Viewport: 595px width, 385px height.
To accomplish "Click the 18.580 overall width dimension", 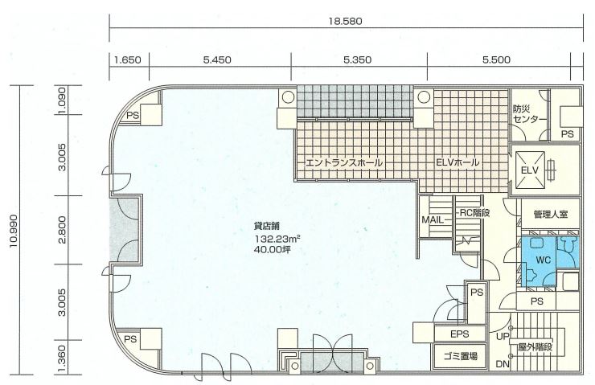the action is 345,21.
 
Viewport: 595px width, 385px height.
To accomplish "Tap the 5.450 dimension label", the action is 217,60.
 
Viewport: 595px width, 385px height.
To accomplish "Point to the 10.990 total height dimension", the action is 14,231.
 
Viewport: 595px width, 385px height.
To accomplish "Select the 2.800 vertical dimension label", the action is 63,230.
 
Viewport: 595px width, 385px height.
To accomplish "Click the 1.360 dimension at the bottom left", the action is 63,358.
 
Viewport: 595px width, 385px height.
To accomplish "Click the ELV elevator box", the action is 529,170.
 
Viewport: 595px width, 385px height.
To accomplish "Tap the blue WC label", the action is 543,260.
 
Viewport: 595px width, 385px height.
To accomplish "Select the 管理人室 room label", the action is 550,215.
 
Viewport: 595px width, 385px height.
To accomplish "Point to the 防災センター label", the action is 529,114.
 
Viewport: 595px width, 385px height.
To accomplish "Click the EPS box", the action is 460,334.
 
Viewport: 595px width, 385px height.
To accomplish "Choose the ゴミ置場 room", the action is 460,356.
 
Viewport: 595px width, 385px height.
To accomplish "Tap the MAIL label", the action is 433,219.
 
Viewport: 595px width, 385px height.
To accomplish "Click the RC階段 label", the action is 474,213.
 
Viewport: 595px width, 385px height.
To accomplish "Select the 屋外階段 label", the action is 535,346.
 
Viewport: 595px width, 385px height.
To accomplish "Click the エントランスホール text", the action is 344,163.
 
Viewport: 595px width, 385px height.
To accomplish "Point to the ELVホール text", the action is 458,162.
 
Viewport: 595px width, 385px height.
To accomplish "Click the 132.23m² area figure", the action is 277,239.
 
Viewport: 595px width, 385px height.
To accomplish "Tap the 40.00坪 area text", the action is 273,250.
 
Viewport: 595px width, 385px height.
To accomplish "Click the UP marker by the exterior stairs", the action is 503,337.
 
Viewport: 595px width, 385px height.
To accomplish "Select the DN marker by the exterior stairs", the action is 503,365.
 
